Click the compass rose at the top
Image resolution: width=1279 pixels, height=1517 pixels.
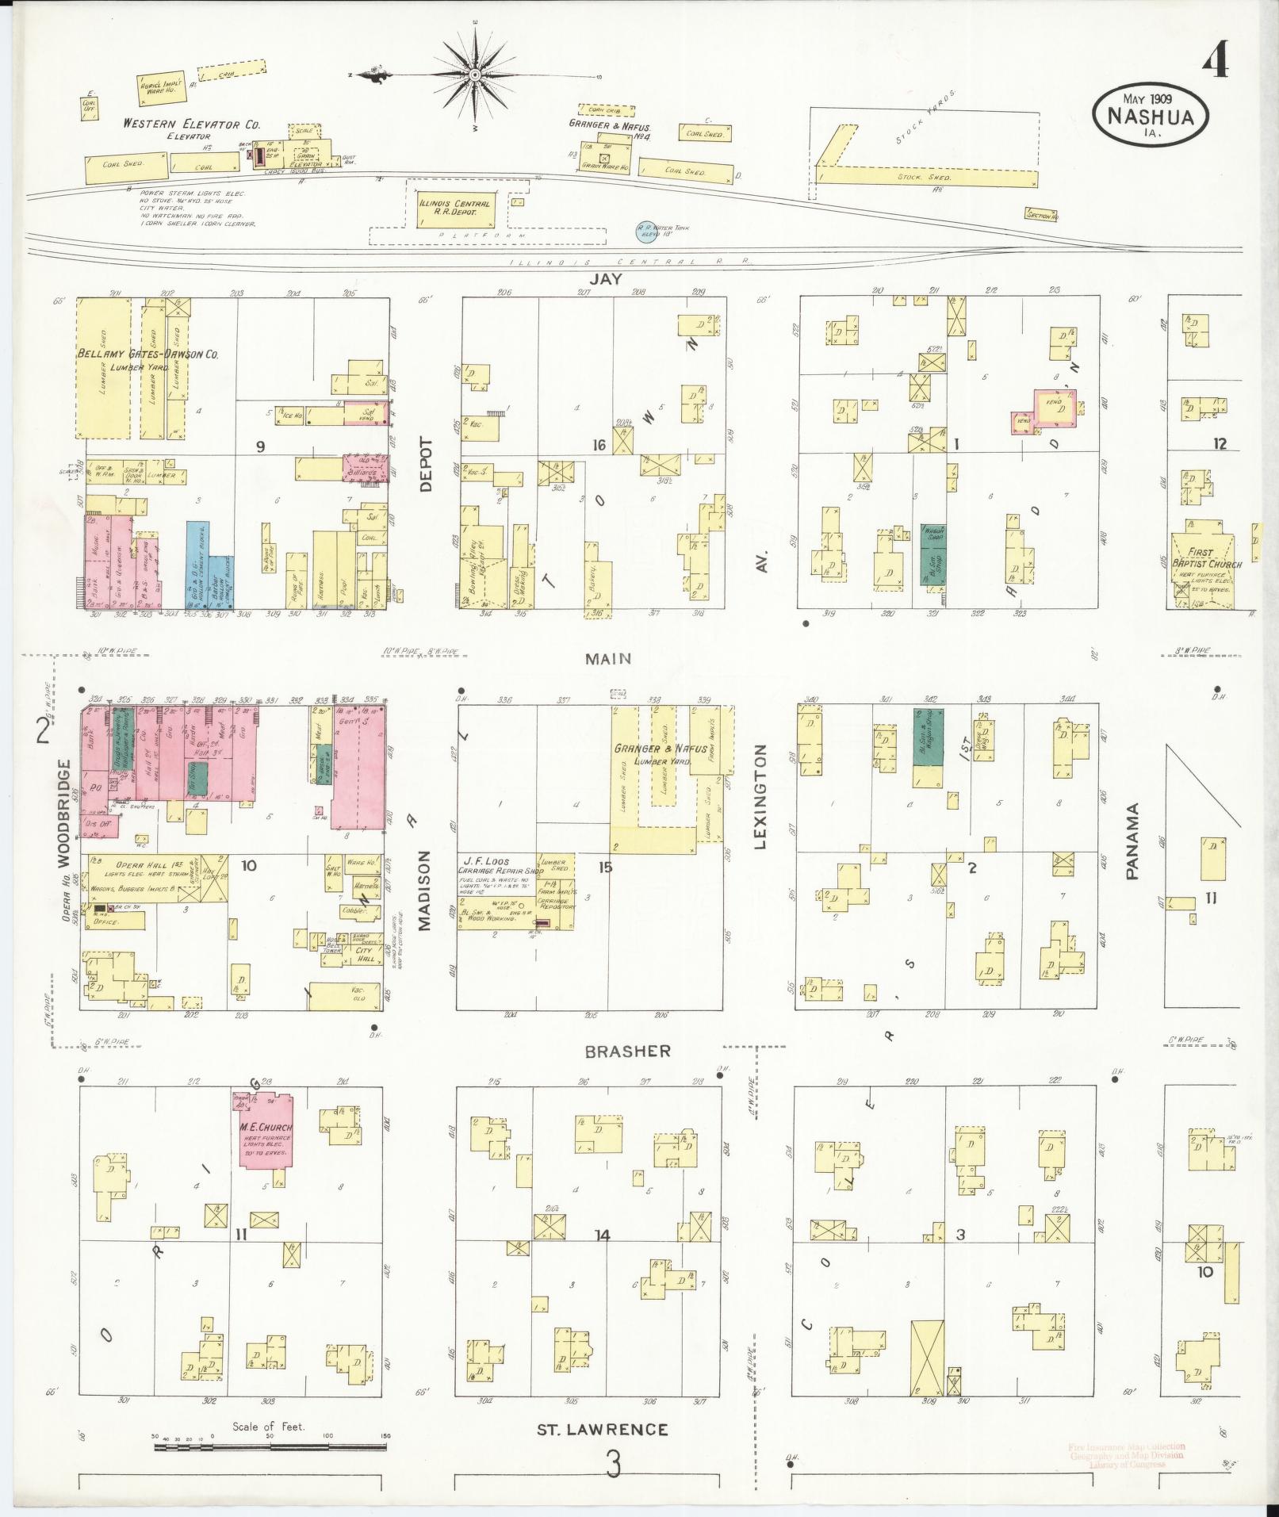click(x=474, y=75)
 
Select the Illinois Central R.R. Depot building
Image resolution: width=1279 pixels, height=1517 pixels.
click(x=454, y=209)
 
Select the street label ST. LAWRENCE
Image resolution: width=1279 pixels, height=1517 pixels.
click(x=603, y=1430)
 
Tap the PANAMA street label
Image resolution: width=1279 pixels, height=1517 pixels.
click(x=1132, y=841)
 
